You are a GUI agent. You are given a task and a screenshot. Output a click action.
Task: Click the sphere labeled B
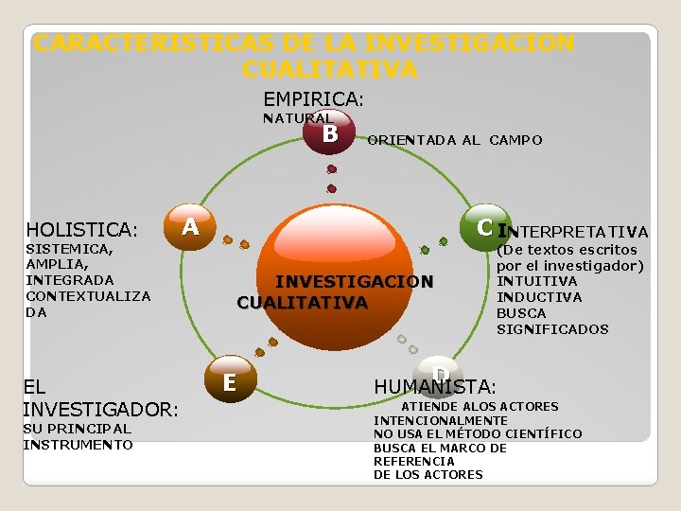(x=330, y=133)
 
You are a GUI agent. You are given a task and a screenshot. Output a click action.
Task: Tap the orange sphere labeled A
(x=190, y=226)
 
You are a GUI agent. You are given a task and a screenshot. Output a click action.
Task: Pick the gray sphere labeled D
(x=436, y=370)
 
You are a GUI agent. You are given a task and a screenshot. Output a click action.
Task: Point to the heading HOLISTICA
(x=80, y=230)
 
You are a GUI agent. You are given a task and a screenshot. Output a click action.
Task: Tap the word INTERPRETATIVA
(x=573, y=232)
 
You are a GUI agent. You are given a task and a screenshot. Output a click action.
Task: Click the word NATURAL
(x=296, y=118)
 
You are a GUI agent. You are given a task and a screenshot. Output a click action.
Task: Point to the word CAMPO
(x=515, y=140)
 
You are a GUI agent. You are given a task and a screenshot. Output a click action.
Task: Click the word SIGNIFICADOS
(x=552, y=329)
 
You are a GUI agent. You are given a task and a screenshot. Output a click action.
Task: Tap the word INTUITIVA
(x=537, y=281)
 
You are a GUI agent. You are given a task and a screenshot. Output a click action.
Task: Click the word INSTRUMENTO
(x=78, y=445)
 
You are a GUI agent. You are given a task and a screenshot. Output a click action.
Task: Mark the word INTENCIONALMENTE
(x=440, y=420)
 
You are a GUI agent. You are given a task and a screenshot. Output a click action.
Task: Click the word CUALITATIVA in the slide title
(x=329, y=69)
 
